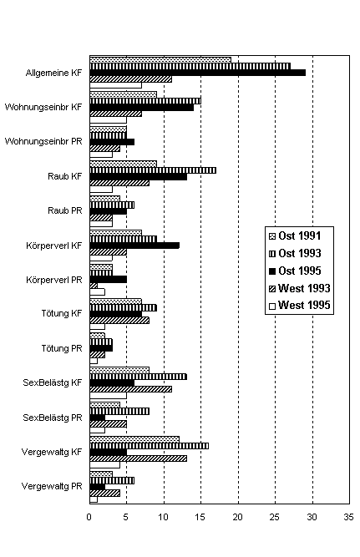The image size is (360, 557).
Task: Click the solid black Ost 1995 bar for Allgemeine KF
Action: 198,73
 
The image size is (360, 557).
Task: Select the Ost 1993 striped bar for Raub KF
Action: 153,170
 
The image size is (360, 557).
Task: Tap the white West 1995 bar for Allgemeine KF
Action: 115,85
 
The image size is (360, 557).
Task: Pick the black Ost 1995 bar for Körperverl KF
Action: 134,246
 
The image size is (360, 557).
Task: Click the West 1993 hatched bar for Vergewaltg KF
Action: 139,458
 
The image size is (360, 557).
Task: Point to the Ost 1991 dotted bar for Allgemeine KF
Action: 160,59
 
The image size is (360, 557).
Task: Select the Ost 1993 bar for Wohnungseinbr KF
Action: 145,101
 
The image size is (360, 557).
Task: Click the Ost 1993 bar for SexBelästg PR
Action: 119,412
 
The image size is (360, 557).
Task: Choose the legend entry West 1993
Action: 300,288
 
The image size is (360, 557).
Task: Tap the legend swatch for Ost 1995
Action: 272,271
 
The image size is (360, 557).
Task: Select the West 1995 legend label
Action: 304,305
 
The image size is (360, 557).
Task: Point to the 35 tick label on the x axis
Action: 348,517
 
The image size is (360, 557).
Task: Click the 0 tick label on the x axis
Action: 89,517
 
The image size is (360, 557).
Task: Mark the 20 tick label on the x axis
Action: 237,517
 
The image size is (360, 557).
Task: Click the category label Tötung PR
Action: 62,348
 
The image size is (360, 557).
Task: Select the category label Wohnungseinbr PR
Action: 43,141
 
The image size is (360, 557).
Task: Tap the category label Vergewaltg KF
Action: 52,452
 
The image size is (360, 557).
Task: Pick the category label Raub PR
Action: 65,210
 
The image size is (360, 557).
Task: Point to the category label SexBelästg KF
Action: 53,382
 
